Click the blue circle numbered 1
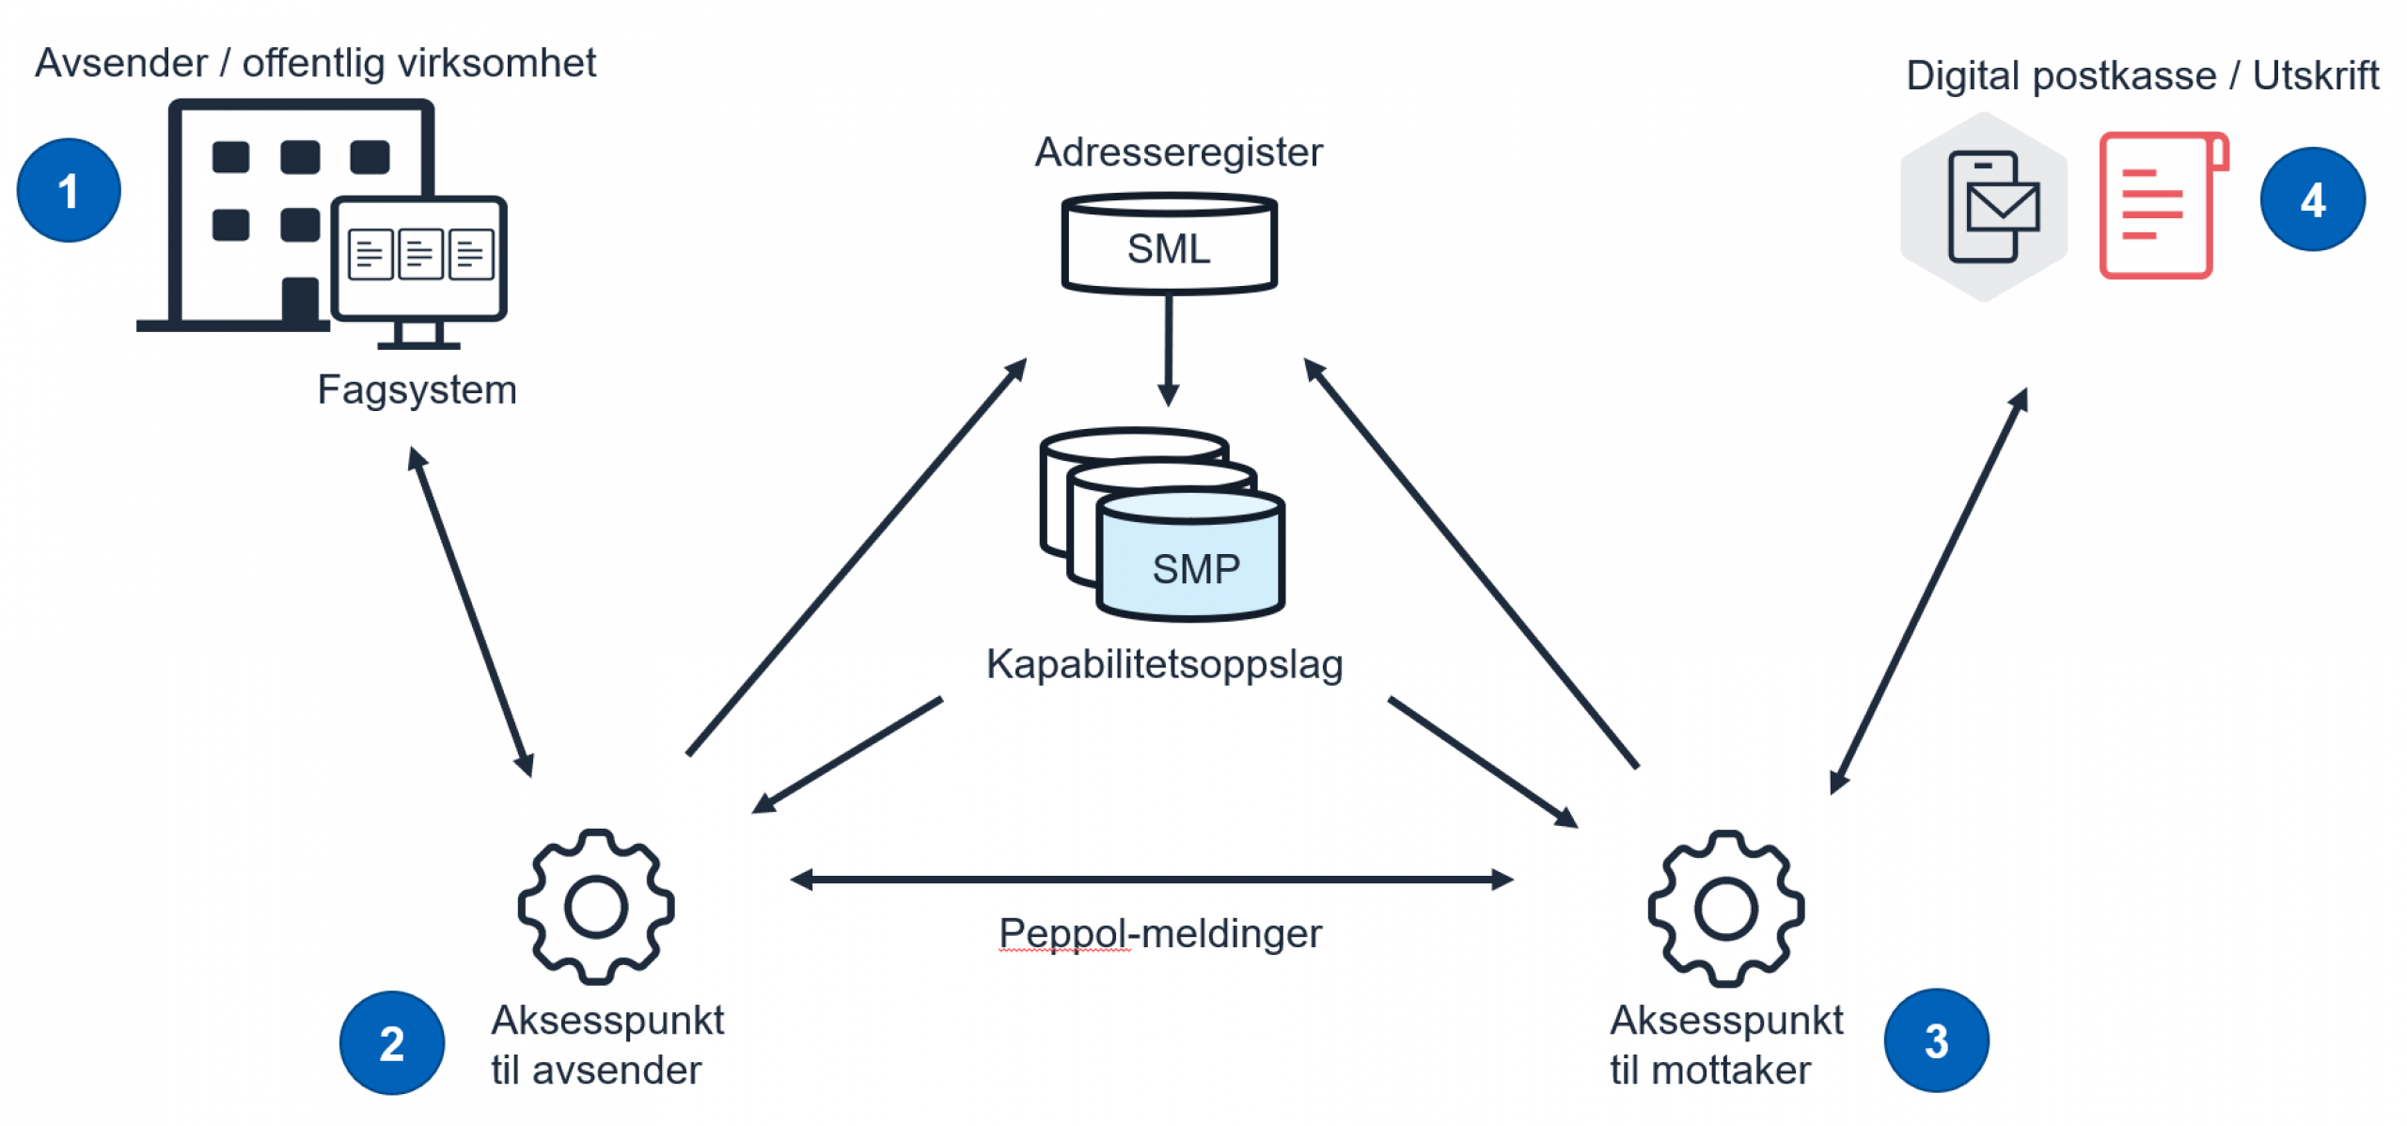click(x=69, y=190)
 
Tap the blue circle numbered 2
click(x=391, y=1042)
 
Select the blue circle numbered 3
click(x=1936, y=1040)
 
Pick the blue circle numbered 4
click(x=2312, y=199)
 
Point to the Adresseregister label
click(x=1178, y=152)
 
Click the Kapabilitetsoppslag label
click(x=1164, y=664)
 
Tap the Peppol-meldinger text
click(x=1159, y=933)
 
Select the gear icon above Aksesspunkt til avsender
click(x=596, y=907)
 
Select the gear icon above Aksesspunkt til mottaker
click(x=1725, y=909)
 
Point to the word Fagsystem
click(x=417, y=389)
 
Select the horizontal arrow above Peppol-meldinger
click(x=1152, y=880)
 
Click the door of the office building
click(x=300, y=301)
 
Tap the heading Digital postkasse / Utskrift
click(x=2141, y=75)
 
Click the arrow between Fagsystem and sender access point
click(x=470, y=611)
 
